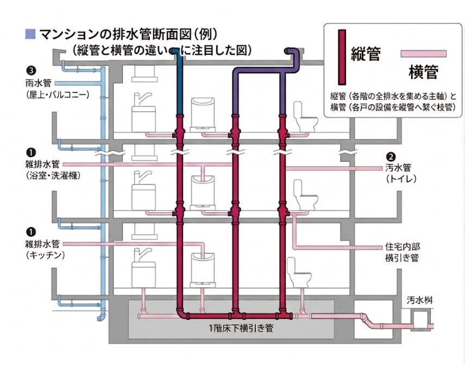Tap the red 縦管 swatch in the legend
(x=342, y=57)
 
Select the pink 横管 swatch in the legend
(x=424, y=54)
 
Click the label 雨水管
(x=41, y=84)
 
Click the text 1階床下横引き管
(x=234, y=328)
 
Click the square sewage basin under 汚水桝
(x=417, y=316)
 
